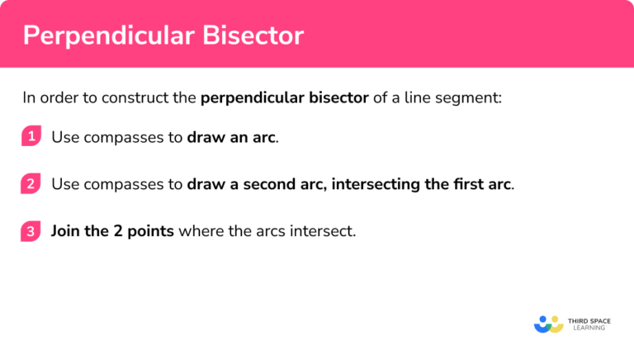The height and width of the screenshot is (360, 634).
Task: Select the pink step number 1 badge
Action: (x=31, y=137)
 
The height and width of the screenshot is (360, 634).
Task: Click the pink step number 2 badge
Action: (x=31, y=184)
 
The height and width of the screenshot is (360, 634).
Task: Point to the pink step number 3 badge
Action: (x=31, y=231)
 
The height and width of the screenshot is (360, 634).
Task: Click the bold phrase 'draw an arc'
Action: (x=231, y=137)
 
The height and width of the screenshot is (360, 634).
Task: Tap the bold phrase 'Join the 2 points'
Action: (x=112, y=231)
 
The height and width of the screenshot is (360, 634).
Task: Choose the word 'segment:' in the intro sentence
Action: (x=474, y=98)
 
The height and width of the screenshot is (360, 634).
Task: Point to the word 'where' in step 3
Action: (x=199, y=231)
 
